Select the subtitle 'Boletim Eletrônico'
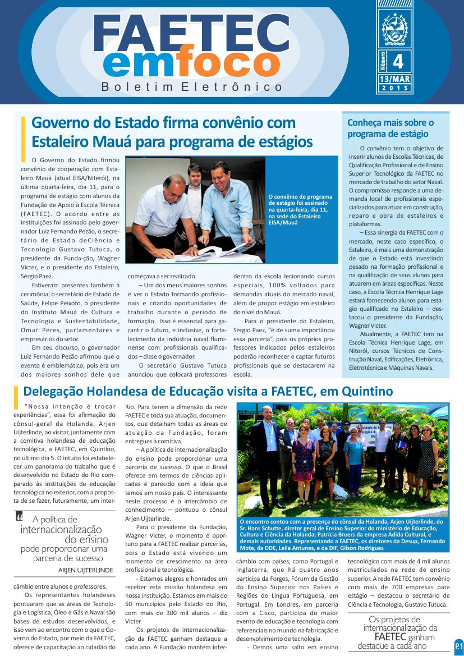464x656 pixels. pyautogui.click(x=192, y=88)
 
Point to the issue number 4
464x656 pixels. pyautogui.click(x=399, y=61)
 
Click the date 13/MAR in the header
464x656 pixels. pyautogui.click(x=394, y=79)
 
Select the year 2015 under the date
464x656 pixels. pyautogui.click(x=394, y=89)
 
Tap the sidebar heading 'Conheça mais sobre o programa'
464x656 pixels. pyautogui.click(x=391, y=128)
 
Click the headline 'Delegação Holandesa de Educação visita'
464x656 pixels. pyautogui.click(x=208, y=391)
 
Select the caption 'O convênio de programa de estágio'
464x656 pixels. pyautogui.click(x=301, y=209)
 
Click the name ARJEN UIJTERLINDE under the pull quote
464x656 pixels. pyautogui.click(x=86, y=570)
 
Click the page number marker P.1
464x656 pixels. pyautogui.click(x=458, y=646)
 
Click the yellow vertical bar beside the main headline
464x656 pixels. pyautogui.click(x=23, y=138)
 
